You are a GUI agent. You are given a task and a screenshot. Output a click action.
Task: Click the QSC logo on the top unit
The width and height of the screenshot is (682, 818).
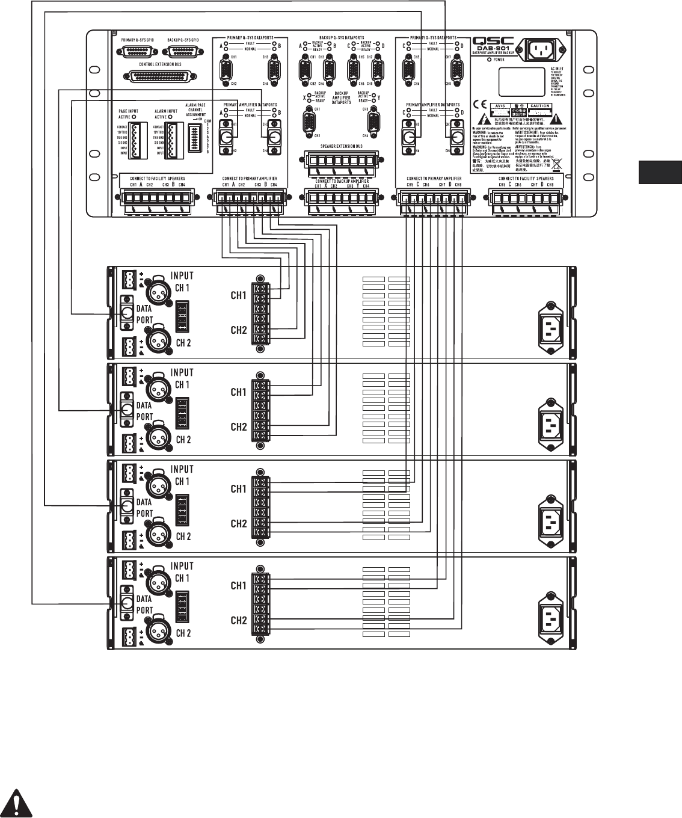[499, 40]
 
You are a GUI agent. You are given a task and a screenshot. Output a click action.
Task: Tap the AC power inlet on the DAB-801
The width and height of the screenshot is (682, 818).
[546, 51]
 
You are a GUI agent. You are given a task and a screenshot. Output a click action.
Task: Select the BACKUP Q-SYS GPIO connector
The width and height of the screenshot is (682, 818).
[183, 52]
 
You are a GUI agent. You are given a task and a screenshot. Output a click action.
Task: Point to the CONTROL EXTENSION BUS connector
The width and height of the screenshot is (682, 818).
[162, 76]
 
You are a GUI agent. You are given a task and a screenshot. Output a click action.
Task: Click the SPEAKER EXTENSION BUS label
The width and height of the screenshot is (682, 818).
[337, 146]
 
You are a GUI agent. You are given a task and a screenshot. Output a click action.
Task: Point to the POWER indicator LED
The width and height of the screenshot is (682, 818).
[488, 60]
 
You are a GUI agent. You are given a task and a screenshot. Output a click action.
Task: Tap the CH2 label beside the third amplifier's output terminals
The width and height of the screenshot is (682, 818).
[239, 524]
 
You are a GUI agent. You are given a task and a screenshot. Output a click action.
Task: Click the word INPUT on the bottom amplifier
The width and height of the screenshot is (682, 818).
[182, 566]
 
